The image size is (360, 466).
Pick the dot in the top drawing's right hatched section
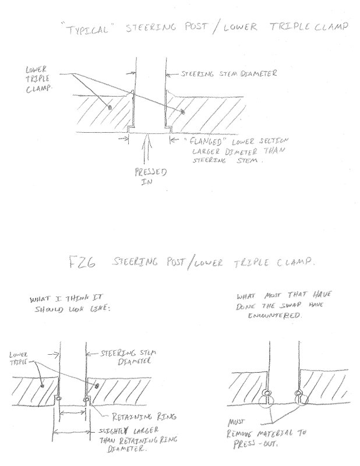(183, 111)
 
